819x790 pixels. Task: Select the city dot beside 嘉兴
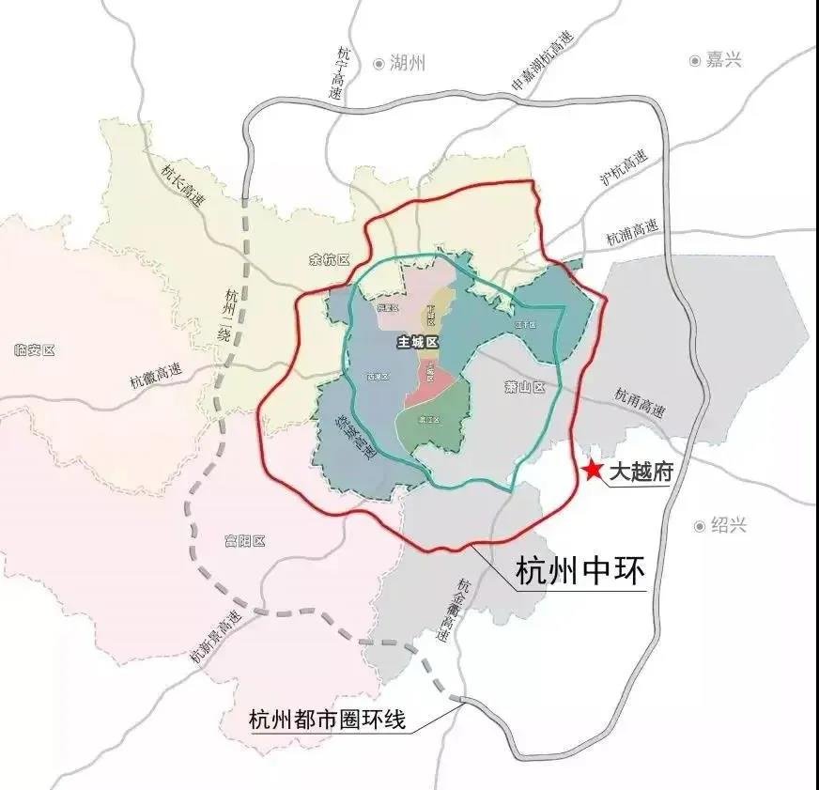pyautogui.click(x=695, y=60)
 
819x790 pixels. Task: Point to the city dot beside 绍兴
pyautogui.click(x=700, y=526)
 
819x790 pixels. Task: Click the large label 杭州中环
pyautogui.click(x=581, y=570)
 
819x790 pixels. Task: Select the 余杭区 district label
pyautogui.click(x=329, y=259)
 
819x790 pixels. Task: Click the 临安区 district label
pyautogui.click(x=37, y=350)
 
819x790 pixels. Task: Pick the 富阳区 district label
pyautogui.click(x=246, y=541)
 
